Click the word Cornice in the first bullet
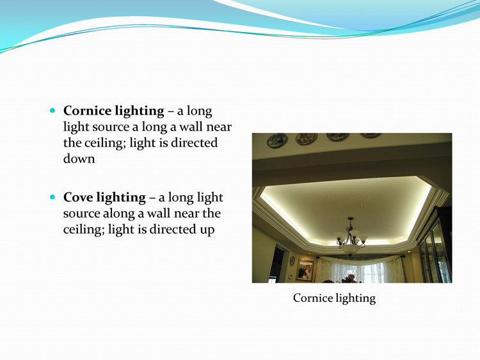pyautogui.click(x=87, y=111)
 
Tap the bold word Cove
pyautogui.click(x=78, y=198)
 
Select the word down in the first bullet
pyautogui.click(x=79, y=159)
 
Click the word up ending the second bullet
pyautogui.click(x=207, y=230)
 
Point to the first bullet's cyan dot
pyautogui.click(x=52, y=111)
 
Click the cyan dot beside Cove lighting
pyautogui.click(x=52, y=197)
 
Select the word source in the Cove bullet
pyautogui.click(x=81, y=214)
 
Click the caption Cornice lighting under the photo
pyautogui.click(x=334, y=298)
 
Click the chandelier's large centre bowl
pyautogui.click(x=351, y=251)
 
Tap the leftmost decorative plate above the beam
pyautogui.click(x=277, y=140)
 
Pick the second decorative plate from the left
pyautogui.click(x=306, y=139)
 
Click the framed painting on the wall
pyautogui.click(x=305, y=270)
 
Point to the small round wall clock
pyautogui.click(x=292, y=261)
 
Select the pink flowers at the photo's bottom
pyautogui.click(x=349, y=279)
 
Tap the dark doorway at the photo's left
pyautogui.click(x=278, y=263)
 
